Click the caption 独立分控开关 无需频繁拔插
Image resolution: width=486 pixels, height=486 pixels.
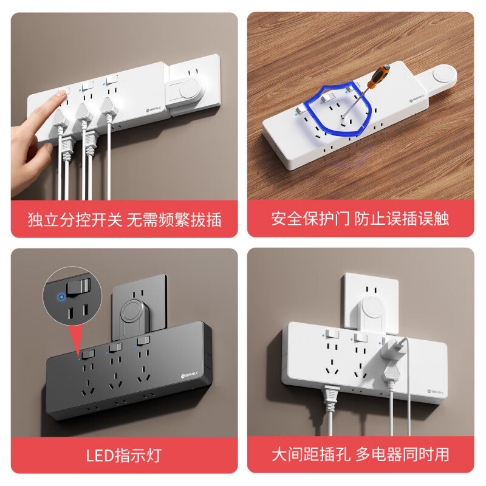click(x=125, y=219)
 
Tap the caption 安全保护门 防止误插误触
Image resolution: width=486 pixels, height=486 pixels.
click(x=360, y=219)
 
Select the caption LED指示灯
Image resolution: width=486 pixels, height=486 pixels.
click(x=125, y=454)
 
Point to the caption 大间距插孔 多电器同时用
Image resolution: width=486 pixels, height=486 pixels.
click(x=360, y=454)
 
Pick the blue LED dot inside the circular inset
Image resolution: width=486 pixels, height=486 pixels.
click(x=60, y=298)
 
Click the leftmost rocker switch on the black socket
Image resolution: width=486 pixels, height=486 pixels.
click(x=89, y=354)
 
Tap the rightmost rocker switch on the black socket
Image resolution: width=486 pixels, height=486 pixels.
click(x=143, y=341)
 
